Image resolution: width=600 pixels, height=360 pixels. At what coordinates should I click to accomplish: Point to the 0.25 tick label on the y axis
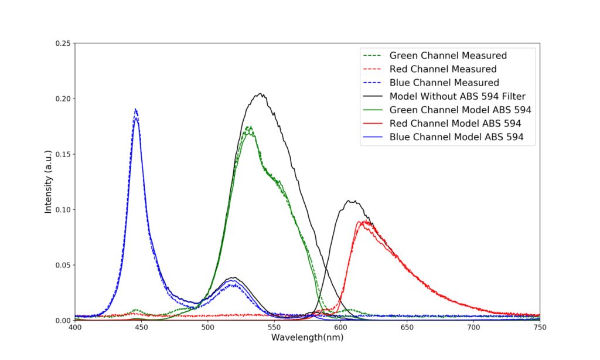(x=63, y=43)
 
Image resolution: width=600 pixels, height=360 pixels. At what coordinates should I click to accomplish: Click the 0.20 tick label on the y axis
(x=63, y=99)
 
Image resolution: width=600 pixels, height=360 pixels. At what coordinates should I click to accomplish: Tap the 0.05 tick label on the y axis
(x=63, y=266)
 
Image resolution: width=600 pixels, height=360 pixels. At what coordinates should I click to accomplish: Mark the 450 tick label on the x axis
(x=142, y=327)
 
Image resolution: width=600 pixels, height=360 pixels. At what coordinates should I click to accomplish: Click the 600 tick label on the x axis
(x=340, y=327)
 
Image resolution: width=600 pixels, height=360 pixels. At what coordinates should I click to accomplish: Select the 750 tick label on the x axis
(x=540, y=327)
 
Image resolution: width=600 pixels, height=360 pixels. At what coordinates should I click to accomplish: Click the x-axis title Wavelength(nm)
(x=307, y=337)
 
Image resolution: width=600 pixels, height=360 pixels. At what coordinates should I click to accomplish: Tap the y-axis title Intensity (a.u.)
(x=48, y=182)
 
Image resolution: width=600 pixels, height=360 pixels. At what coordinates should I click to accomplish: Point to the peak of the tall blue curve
(x=135, y=109)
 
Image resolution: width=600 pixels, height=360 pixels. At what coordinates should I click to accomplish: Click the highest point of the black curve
(x=261, y=93)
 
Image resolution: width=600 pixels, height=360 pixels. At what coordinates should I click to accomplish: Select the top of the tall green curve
(x=249, y=127)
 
